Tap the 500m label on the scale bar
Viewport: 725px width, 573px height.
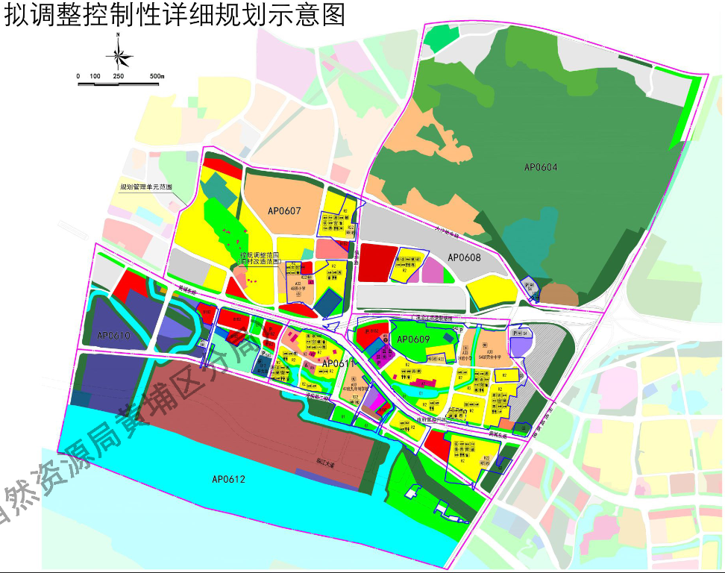[x=156, y=77]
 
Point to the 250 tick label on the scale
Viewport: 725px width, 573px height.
[x=118, y=77]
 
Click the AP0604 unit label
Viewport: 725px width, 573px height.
[x=541, y=167]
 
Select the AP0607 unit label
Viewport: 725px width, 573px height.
[x=284, y=211]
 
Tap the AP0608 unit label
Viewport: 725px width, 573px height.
[x=464, y=257]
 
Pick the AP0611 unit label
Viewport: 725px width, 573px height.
[x=338, y=364]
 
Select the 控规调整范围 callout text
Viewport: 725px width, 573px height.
[x=260, y=255]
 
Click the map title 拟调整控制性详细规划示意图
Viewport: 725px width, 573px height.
[x=176, y=16]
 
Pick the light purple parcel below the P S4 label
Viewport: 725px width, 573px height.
[x=521, y=345]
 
